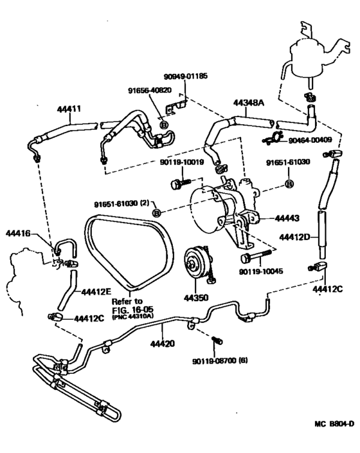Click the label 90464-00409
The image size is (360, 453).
coord(310,140)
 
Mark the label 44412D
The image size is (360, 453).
coord(294,237)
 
